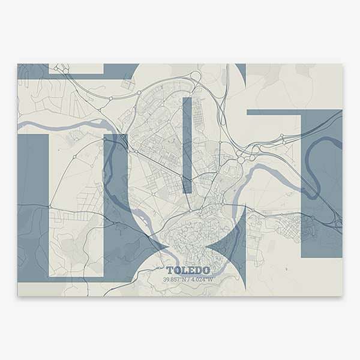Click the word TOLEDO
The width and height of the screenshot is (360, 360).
(x=185, y=271)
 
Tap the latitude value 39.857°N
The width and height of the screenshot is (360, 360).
(x=174, y=279)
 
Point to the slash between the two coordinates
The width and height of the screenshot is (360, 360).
(x=187, y=279)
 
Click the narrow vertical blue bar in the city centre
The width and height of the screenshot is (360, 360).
(x=187, y=144)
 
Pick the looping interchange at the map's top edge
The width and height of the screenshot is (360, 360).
(x=197, y=76)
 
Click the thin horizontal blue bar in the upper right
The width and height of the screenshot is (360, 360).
(x=288, y=112)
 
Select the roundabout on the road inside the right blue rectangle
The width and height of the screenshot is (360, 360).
(x=313, y=217)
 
